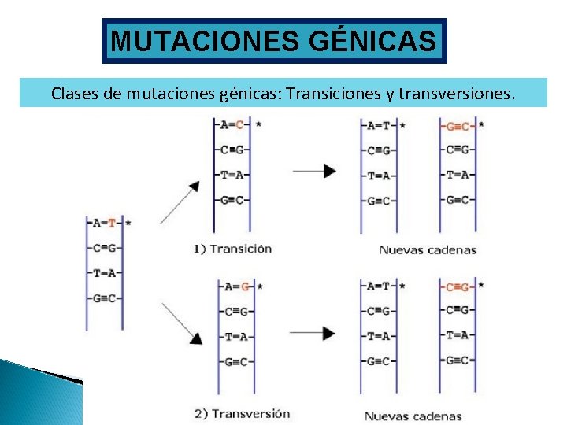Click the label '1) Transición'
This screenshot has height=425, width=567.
(x=232, y=249)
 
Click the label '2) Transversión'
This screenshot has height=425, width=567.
(x=241, y=413)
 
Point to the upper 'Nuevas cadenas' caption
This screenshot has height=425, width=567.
(x=428, y=250)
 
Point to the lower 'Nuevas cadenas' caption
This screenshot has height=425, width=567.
(x=413, y=416)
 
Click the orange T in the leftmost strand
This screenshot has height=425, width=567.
(x=112, y=223)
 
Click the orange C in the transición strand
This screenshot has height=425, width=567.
(x=240, y=124)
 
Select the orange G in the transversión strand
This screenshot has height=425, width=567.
(x=245, y=286)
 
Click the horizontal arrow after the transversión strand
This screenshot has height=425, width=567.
(x=313, y=333)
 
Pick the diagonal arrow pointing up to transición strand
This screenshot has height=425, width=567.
(x=180, y=201)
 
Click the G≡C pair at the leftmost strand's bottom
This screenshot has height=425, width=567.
(x=104, y=298)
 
